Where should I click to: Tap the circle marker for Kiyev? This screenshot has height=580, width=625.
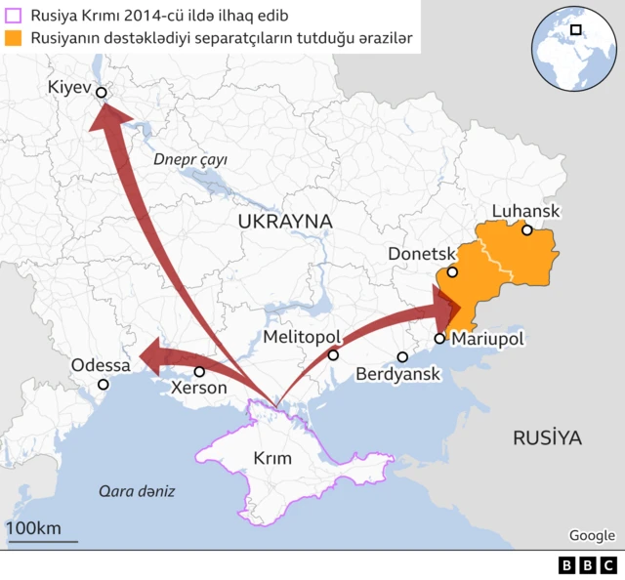[101, 94]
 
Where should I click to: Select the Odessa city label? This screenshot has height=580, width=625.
[101, 365]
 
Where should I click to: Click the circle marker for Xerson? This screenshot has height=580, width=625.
[199, 372]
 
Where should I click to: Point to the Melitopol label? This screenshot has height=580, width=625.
[302, 337]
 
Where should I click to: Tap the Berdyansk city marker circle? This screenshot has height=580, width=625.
[402, 357]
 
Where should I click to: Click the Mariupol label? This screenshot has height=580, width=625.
[486, 339]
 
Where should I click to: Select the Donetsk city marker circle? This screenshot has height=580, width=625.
[452, 271]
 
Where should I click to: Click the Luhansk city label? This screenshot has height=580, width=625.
[525, 211]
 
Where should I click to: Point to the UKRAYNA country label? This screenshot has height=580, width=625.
[285, 222]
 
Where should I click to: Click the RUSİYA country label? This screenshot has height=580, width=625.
[547, 438]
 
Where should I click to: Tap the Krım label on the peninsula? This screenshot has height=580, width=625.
[271, 458]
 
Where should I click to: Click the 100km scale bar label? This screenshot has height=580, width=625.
[33, 528]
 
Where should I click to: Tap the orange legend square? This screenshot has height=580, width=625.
[15, 39]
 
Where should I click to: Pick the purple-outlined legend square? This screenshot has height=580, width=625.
[15, 15]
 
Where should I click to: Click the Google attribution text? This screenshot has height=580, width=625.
[592, 535]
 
